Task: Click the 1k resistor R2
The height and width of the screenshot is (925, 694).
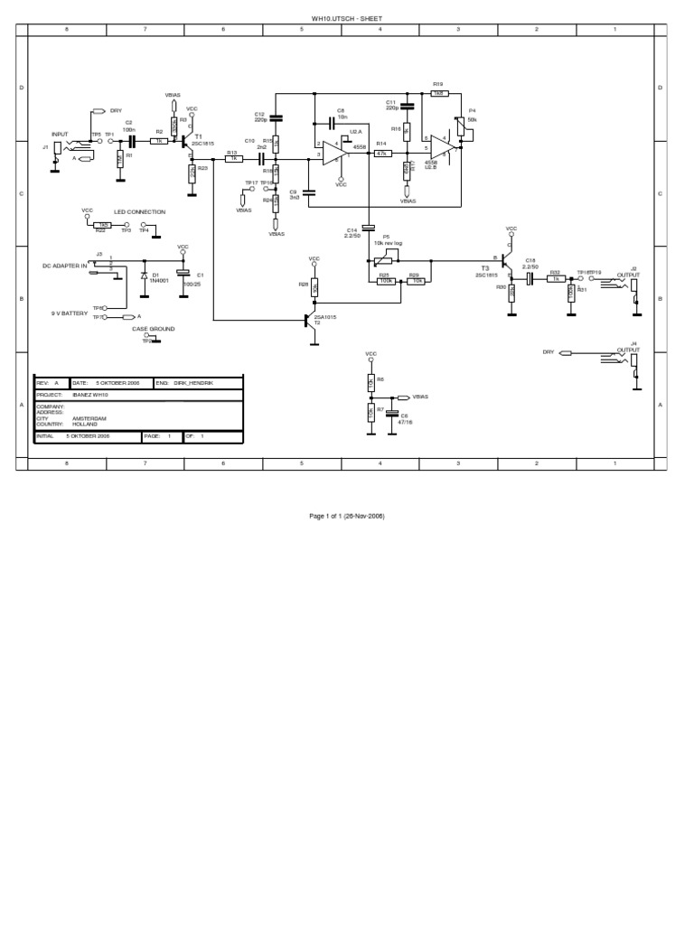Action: click(159, 141)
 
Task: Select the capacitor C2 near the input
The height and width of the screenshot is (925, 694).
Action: click(131, 141)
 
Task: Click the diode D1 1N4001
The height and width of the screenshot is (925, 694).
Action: click(144, 275)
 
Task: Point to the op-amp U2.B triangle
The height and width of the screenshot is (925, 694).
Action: click(443, 146)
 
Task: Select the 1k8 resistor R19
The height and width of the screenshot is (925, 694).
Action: click(439, 92)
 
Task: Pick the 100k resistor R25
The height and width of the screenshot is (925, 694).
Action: click(386, 281)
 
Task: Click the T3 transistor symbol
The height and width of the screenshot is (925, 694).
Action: click(507, 262)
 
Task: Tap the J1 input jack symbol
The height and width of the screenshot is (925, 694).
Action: click(58, 149)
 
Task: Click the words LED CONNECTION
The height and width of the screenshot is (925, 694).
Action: click(139, 212)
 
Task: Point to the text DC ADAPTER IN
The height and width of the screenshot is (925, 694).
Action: click(65, 266)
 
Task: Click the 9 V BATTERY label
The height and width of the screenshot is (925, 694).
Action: click(70, 313)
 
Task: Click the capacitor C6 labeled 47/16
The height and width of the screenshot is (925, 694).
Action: click(391, 417)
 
